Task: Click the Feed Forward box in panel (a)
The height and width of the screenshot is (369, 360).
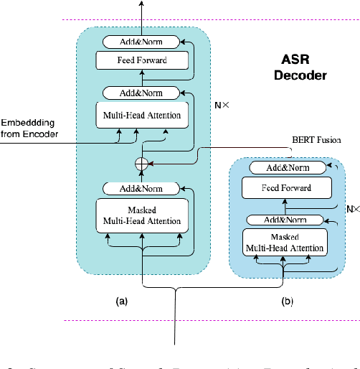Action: pyautogui.click(x=142, y=60)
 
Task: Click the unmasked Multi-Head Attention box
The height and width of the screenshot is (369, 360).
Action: pyautogui.click(x=142, y=115)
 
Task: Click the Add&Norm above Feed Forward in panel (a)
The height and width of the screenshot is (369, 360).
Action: pyautogui.click(x=142, y=42)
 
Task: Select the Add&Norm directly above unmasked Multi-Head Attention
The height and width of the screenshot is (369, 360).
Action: pyautogui.click(x=142, y=93)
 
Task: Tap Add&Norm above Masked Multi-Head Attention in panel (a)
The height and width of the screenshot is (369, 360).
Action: pyautogui.click(x=142, y=188)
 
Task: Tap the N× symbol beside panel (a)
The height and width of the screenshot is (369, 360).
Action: pyautogui.click(x=222, y=103)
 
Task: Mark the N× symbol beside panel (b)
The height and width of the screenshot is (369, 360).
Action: pyautogui.click(x=352, y=209)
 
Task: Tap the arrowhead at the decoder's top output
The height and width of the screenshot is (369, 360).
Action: pyautogui.click(x=142, y=5)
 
